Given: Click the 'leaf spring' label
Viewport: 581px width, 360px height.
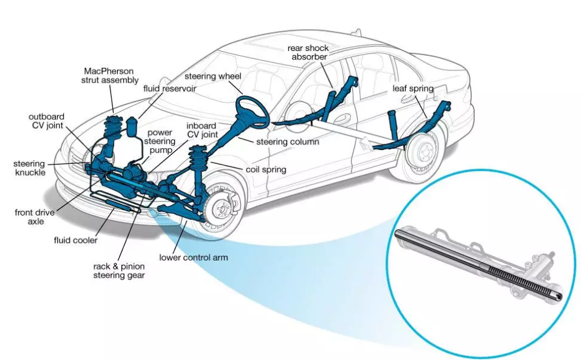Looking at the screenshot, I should click(413, 89).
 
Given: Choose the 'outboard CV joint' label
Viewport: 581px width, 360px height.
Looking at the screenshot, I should click(46, 121).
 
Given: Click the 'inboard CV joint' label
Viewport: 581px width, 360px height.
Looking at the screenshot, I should click(202, 130).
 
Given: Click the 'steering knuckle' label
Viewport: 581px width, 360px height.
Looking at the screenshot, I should click(29, 168).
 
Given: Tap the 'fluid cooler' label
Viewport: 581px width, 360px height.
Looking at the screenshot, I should click(75, 240).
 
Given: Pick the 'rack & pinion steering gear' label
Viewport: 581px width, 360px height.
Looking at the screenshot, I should click(119, 271).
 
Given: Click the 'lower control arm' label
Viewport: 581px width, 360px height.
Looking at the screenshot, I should click(193, 257).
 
